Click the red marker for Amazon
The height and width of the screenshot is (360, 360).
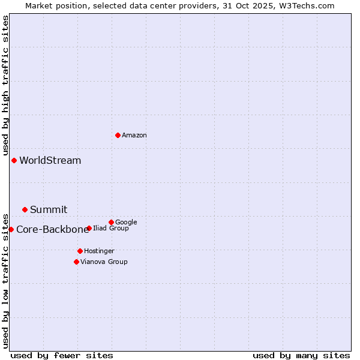point(118,135)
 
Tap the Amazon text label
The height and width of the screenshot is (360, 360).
point(134,136)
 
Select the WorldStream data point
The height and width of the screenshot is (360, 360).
point(14,160)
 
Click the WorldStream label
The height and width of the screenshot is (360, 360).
point(50,161)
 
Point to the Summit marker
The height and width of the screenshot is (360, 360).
point(25,209)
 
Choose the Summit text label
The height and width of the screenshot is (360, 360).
point(49,210)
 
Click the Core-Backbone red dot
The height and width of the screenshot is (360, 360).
point(11,229)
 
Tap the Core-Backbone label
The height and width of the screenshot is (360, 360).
point(52,230)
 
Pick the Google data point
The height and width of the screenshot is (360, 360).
point(111,222)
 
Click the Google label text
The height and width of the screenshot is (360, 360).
point(126,223)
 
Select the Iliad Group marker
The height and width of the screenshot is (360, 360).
point(89,228)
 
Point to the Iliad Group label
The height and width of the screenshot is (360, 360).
point(111,229)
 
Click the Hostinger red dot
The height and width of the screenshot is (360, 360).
point(80,251)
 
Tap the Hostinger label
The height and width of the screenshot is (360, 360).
point(99,251)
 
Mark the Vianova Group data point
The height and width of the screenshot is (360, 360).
point(76,262)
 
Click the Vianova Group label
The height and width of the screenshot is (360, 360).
point(104,262)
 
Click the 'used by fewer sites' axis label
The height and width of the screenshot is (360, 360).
point(62,355)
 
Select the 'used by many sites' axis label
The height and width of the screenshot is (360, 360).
point(301,355)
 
